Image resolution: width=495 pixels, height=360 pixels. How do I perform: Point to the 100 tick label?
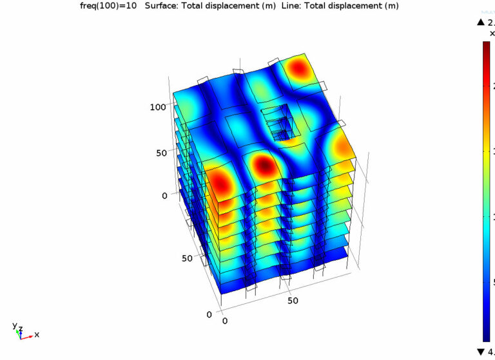coord(158,107)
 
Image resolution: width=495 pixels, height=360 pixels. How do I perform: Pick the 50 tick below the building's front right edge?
coord(293,300)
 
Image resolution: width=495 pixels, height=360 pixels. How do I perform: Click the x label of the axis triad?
coord(37,334)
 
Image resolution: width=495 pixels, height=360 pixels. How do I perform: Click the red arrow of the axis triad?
coord(28,336)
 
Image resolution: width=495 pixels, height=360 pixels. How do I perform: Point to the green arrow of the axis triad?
coord(19,333)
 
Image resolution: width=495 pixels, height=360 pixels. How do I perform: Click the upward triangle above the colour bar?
coord(480,23)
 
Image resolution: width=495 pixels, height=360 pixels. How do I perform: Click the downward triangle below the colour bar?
coord(480,351)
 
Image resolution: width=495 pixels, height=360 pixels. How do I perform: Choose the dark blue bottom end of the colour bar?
coord(487,335)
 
